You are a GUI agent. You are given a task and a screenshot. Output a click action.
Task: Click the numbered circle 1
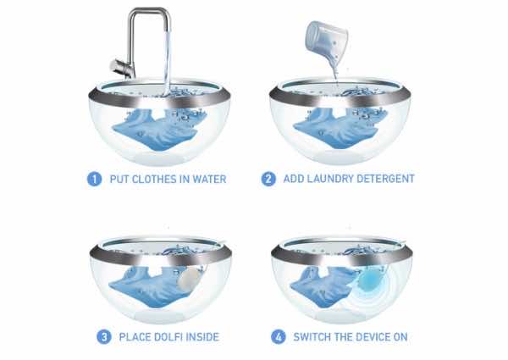coord(94,180)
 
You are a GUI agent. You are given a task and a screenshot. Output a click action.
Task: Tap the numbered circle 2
coord(268,179)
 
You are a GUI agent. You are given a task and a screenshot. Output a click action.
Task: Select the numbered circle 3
coord(104,337)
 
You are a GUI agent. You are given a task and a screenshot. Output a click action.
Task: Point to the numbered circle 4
coord(279,337)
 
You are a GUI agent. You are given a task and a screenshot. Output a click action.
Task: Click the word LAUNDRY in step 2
coord(329,179)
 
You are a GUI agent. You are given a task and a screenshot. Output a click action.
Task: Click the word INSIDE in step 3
coord(203,337)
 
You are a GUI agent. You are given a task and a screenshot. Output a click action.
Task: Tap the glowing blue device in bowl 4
coord(369,279)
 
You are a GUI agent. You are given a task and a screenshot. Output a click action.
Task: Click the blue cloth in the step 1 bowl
coord(155,130)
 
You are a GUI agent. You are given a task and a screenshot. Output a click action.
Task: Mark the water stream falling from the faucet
coord(168,62)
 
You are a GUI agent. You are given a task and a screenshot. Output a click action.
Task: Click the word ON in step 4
coord(400,337)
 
